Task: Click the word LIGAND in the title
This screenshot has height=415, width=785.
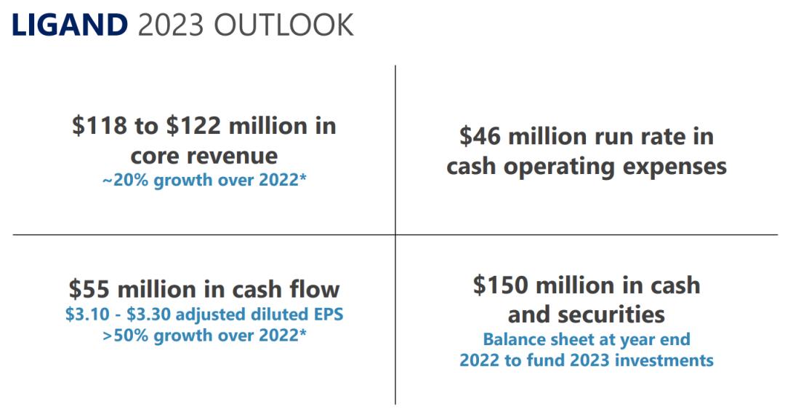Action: pos(69,25)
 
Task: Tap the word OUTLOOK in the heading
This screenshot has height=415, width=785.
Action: pos(283,25)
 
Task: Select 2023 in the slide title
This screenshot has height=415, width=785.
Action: pos(170,25)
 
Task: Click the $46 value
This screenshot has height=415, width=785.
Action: pos(482,136)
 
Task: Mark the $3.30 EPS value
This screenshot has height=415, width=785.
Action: pos(145,315)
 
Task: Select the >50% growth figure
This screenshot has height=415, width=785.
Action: pos(124,336)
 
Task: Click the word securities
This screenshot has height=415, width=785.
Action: pos(619,315)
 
